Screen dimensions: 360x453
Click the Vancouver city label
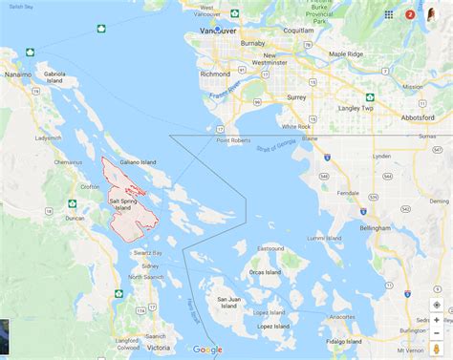(217, 30)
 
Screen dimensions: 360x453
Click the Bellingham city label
(371, 228)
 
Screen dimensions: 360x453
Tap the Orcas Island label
(265, 271)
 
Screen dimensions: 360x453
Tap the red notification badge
(410, 14)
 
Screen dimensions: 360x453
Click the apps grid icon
(389, 14)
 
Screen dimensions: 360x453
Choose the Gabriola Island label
(54, 76)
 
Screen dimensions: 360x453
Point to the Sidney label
(150, 265)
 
